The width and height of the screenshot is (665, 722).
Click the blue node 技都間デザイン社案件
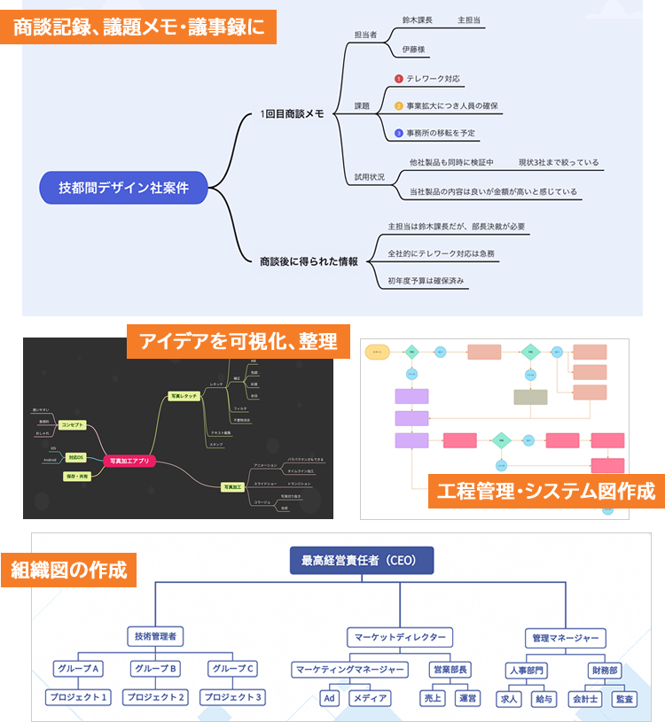[x=123, y=187]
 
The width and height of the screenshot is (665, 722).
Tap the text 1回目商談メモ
[x=292, y=113]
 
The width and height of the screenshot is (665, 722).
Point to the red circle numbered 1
[x=399, y=79]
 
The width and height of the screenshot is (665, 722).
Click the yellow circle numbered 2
[x=399, y=106]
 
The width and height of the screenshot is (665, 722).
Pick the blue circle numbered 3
[x=399, y=133]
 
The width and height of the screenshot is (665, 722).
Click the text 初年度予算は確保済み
[x=426, y=281]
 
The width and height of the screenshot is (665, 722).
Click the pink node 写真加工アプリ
[x=129, y=461]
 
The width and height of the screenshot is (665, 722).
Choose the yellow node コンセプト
[x=72, y=425]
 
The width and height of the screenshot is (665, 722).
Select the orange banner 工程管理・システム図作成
[x=545, y=490]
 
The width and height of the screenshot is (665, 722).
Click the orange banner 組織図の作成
[x=69, y=570]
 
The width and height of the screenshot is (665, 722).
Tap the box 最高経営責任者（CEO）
[x=362, y=560]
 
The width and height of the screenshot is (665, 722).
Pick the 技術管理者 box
[x=155, y=636]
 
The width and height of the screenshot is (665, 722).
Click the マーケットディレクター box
[x=399, y=637]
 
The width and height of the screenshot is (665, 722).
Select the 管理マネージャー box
[x=566, y=638]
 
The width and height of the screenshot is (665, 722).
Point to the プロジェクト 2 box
[x=156, y=697]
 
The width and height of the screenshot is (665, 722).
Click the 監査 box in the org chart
[x=624, y=698]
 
